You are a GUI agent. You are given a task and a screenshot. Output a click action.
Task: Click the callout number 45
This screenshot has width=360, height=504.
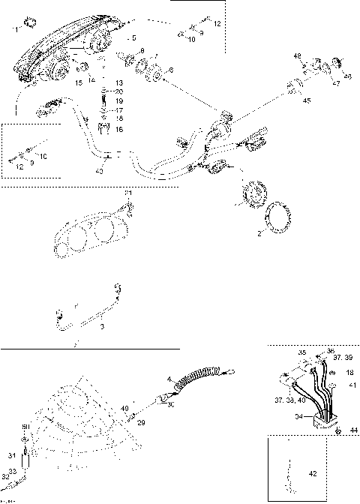(306, 100)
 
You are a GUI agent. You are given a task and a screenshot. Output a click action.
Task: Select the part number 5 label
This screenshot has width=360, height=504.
(134, 37)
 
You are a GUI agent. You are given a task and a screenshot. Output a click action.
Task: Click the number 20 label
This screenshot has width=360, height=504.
(118, 91)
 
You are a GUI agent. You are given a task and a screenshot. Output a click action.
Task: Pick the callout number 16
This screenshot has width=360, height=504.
(118, 129)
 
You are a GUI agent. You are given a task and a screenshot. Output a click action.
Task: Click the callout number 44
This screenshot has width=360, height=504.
(352, 429)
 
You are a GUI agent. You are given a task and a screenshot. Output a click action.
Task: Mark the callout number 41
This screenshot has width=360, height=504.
(350, 385)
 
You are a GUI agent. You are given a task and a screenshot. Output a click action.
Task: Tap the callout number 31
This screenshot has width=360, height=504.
(10, 454)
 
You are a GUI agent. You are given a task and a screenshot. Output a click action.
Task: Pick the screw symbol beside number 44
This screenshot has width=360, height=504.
(338, 430)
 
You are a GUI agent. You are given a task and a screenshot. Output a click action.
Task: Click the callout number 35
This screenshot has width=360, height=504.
(301, 351)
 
